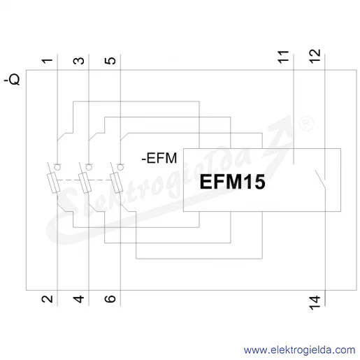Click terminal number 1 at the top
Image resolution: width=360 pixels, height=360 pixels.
pos(48,61)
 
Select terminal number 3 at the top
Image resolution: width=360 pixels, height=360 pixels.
pos(79,61)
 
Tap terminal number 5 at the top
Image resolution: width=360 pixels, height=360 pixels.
pos(110,61)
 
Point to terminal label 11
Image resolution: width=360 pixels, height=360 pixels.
pos(283,57)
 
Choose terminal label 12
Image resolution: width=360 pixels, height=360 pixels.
pos(315,56)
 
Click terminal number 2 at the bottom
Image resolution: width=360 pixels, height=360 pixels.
pos(48,299)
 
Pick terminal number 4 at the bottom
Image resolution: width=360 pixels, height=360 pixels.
pos(79,299)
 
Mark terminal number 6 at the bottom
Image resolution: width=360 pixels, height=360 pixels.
pos(110,299)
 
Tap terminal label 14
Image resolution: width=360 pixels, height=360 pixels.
pos(315,303)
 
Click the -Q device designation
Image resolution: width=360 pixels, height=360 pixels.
pos(12,80)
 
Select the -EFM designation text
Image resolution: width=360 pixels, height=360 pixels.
pos(159,158)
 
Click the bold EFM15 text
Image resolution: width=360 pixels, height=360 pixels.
pos(232,182)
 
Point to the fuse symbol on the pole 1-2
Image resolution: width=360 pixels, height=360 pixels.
pos(54,183)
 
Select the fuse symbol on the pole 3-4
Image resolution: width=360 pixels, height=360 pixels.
pos(85,183)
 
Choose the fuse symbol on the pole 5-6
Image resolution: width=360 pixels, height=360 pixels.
pos(117,183)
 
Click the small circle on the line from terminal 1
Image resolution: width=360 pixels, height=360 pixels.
pos(57,167)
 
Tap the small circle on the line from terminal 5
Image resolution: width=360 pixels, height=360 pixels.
pos(120,167)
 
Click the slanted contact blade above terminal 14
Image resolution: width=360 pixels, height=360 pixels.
pos(320,179)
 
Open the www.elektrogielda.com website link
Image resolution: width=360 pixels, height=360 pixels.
pos(299,350)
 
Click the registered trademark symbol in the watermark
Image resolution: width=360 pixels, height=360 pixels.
pos(306,124)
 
